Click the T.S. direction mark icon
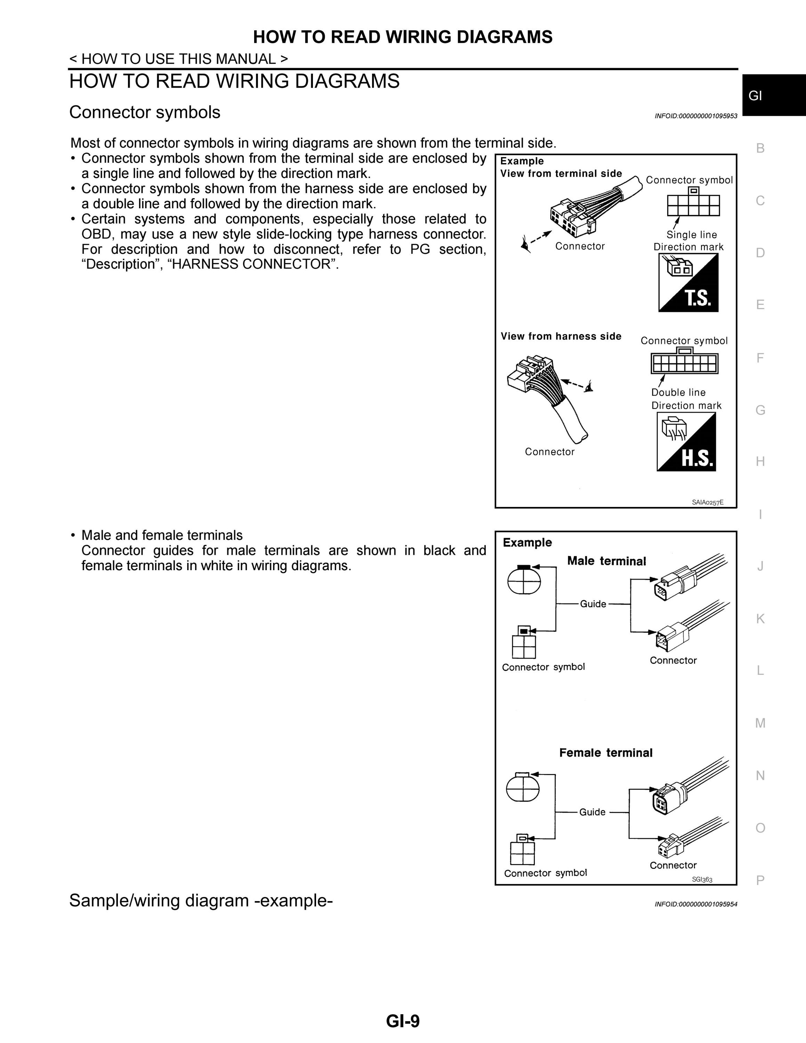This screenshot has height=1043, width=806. click(688, 282)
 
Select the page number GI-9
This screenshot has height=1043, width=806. click(403, 1020)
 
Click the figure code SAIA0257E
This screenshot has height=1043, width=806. click(708, 502)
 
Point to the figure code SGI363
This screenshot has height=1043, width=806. click(702, 879)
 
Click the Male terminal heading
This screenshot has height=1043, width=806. click(606, 561)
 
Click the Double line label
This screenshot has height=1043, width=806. click(678, 392)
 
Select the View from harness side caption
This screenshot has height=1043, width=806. click(561, 336)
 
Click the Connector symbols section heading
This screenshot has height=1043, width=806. click(145, 112)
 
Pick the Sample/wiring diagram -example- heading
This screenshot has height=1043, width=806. click(201, 900)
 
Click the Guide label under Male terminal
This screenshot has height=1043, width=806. click(593, 604)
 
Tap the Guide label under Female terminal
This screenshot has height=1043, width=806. click(592, 812)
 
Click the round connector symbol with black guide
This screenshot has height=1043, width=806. click(524, 579)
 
